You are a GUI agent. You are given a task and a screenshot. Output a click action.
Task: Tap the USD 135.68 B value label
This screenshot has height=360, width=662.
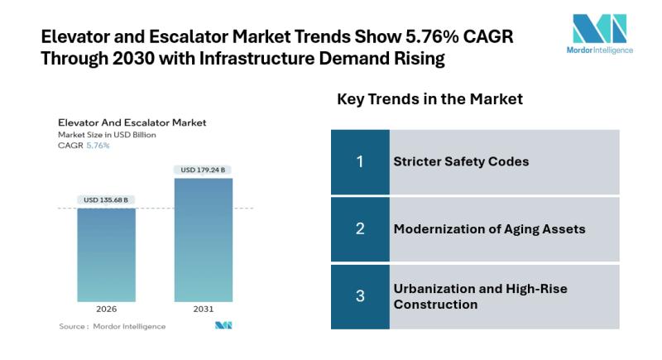tap(106, 199)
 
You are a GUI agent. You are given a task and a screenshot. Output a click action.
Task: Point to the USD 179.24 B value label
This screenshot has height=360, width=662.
tap(203, 170)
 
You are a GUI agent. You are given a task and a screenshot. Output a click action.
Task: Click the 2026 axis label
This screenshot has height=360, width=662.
tap(106, 309)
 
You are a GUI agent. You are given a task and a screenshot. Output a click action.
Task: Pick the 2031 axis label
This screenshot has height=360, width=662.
tap(203, 309)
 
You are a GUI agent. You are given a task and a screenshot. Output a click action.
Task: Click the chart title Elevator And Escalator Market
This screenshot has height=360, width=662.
tap(132, 122)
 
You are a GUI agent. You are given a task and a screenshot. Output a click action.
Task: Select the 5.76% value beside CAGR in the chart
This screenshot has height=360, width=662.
tap(98, 145)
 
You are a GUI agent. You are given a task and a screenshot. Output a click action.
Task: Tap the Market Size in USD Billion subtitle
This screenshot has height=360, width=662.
tap(107, 134)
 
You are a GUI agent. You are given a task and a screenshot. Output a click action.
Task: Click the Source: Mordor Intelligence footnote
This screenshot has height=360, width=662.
tap(112, 326)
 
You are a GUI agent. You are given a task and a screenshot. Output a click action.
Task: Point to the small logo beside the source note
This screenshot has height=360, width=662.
tap(223, 326)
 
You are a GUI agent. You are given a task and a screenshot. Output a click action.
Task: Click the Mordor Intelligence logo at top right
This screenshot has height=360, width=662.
tap(602, 33)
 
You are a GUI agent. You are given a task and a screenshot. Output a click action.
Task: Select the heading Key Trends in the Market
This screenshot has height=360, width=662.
tap(429, 99)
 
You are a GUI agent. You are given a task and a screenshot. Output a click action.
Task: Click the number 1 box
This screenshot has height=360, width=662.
tap(360, 161)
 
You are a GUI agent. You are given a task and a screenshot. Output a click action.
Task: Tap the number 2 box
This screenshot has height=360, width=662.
tap(360, 228)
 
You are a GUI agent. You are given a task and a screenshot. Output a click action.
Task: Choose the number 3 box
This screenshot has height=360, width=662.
tap(360, 296)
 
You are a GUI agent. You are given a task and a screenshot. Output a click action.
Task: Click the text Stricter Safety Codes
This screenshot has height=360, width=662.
tap(461, 161)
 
